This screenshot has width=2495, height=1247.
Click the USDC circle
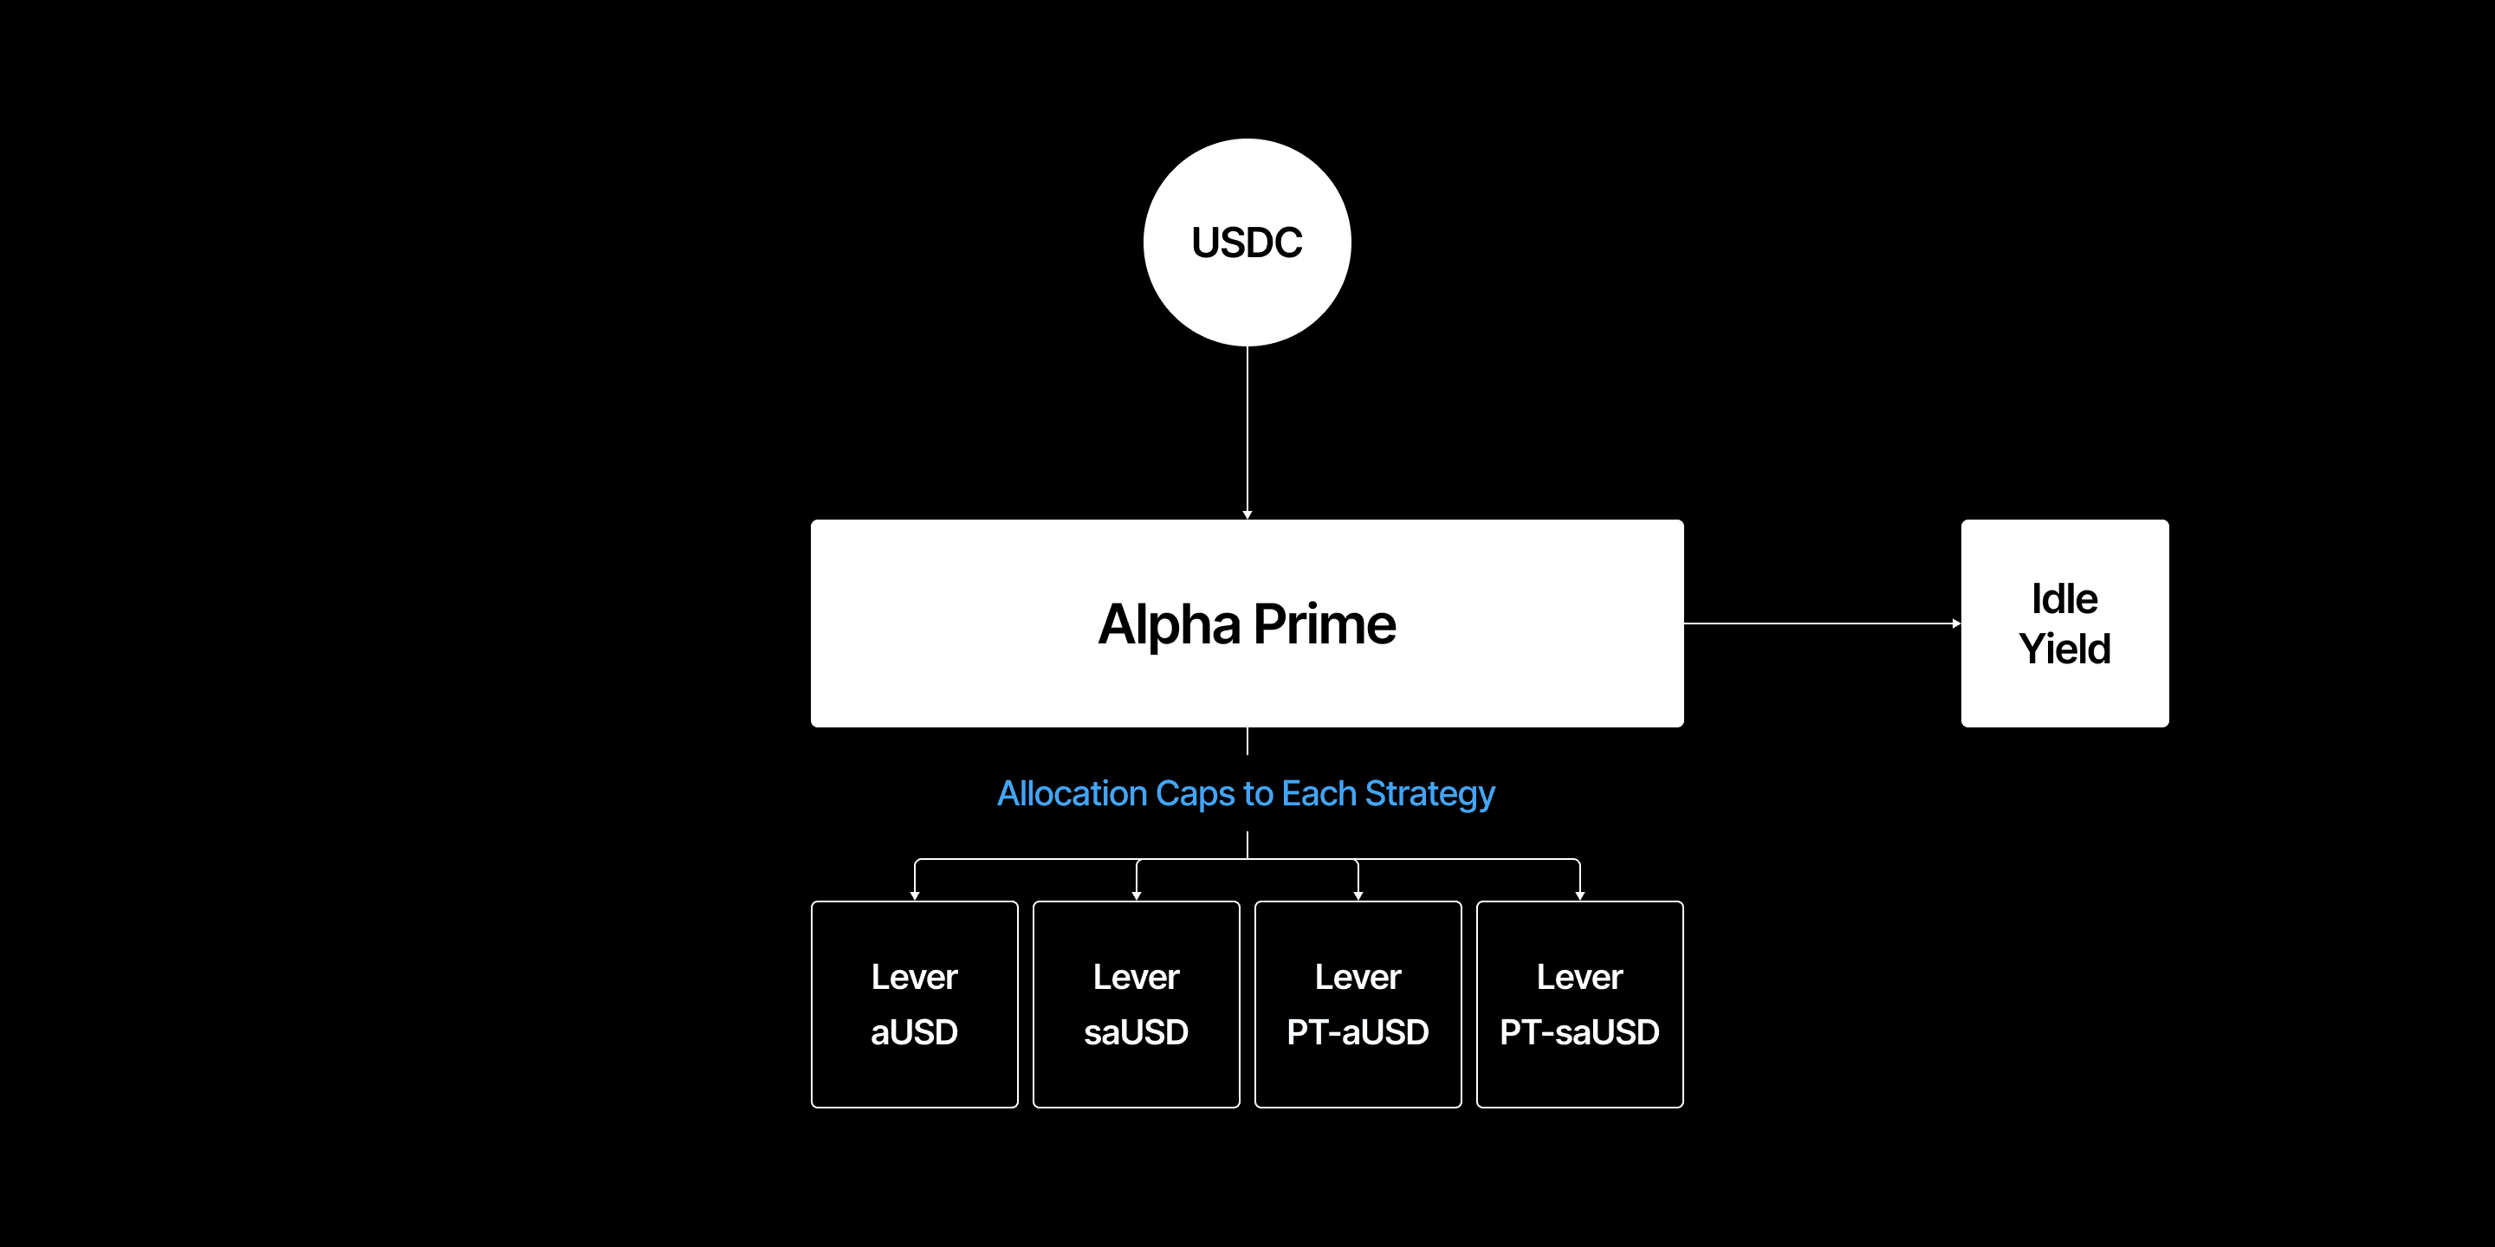pos(1247,242)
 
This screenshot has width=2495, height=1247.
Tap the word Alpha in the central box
pos(1168,624)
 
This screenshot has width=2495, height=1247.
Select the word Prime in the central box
pos(1325,624)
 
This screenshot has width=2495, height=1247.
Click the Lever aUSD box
pos(914,1004)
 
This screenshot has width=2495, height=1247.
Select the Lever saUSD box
pos(1136,1004)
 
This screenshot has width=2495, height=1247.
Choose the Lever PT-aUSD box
pos(1358,1004)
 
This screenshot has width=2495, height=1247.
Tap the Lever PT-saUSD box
pos(1579,1004)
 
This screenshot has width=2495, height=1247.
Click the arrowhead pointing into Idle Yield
pos(1955,623)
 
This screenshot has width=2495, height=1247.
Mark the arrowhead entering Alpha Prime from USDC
pos(1247,514)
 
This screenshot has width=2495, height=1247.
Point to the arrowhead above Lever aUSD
pos(914,895)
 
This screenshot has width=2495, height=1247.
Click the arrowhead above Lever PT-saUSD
pos(1579,895)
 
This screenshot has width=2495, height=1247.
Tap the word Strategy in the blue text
pos(1429,795)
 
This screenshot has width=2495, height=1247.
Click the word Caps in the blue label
pos(1196,795)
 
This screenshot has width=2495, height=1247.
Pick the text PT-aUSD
pos(1358,1032)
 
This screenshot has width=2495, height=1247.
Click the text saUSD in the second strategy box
pos(1136,1032)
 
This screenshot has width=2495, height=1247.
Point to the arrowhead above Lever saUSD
pos(1136,895)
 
